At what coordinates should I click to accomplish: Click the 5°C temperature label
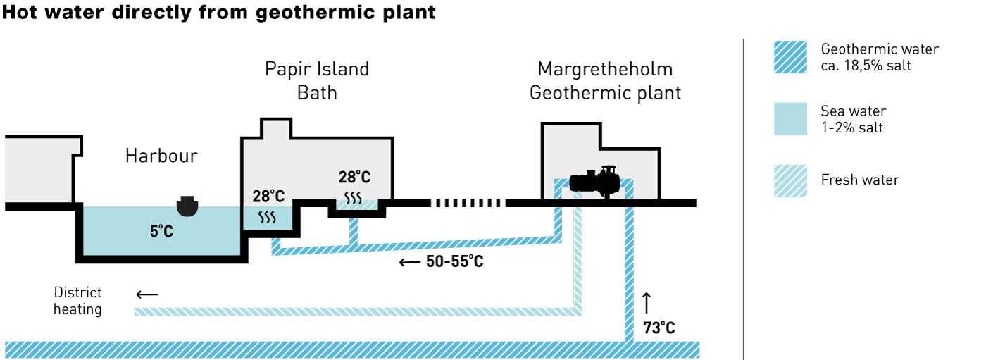click(x=161, y=232)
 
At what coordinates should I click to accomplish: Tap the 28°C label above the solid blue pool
click(x=268, y=197)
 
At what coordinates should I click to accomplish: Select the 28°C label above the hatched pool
click(x=354, y=178)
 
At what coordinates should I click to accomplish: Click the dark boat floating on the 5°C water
click(x=187, y=206)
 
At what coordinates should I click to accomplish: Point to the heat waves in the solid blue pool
click(x=267, y=217)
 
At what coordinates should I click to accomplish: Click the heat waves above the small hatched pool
click(x=353, y=197)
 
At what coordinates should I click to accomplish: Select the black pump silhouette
click(x=594, y=183)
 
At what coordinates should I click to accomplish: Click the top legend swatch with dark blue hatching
click(x=790, y=57)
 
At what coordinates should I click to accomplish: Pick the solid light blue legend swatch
click(x=790, y=119)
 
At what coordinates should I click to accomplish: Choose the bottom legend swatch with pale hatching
click(x=790, y=181)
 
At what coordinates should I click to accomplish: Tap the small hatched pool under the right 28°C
click(x=357, y=205)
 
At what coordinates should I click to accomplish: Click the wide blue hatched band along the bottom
click(x=352, y=349)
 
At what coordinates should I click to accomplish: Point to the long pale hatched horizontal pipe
click(x=352, y=311)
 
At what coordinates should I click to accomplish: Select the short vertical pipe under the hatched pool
click(x=354, y=231)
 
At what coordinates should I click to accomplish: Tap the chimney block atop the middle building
click(x=276, y=130)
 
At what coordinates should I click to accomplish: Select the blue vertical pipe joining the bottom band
click(x=629, y=275)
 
